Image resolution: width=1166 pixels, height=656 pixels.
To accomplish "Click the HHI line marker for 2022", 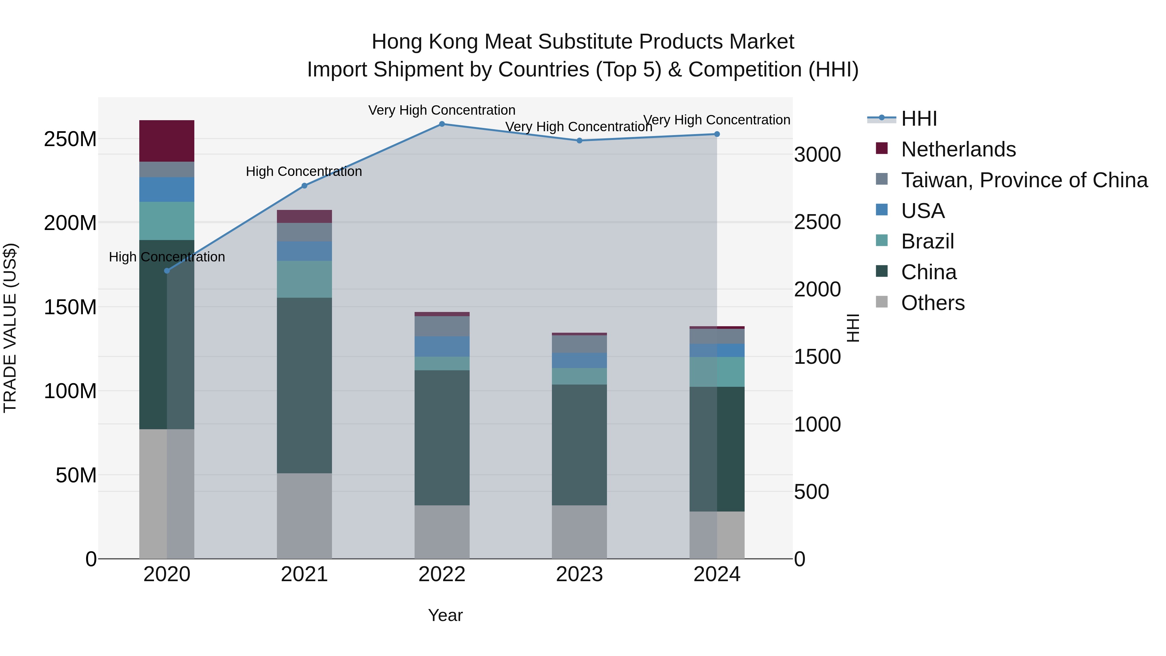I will (x=442, y=124).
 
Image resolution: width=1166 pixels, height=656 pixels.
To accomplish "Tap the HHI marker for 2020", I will (x=166, y=271).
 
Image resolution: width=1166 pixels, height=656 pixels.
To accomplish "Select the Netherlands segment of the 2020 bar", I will (x=166, y=141).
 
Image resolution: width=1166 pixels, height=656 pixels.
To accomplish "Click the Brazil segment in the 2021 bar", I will (x=304, y=279).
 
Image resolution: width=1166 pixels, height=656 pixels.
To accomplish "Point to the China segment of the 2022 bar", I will (x=442, y=438).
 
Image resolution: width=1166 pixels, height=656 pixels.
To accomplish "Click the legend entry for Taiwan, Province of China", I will (x=1024, y=180).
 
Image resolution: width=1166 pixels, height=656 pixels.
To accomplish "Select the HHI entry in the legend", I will (x=919, y=119).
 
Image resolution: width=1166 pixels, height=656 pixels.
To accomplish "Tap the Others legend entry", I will (x=932, y=303).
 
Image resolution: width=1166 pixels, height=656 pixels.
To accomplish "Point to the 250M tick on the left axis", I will (x=70, y=139).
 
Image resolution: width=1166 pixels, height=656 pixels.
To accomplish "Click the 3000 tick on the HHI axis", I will (x=817, y=155).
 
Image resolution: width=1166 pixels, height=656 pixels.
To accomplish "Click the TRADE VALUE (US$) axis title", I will (x=10, y=328).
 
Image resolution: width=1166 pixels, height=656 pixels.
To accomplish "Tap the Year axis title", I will (x=445, y=615).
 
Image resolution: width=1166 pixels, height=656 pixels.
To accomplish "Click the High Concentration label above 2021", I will (x=304, y=172).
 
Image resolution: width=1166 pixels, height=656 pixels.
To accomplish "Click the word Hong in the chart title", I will (x=396, y=42).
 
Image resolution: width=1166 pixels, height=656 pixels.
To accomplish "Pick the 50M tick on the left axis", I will (x=75, y=475).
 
